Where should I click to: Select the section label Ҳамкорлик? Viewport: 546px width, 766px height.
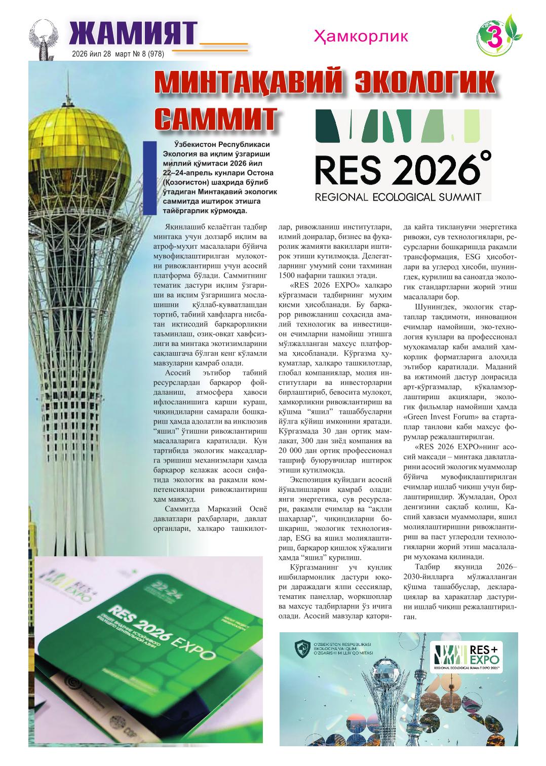361,36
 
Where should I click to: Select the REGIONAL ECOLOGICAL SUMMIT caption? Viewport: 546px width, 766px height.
398,197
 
